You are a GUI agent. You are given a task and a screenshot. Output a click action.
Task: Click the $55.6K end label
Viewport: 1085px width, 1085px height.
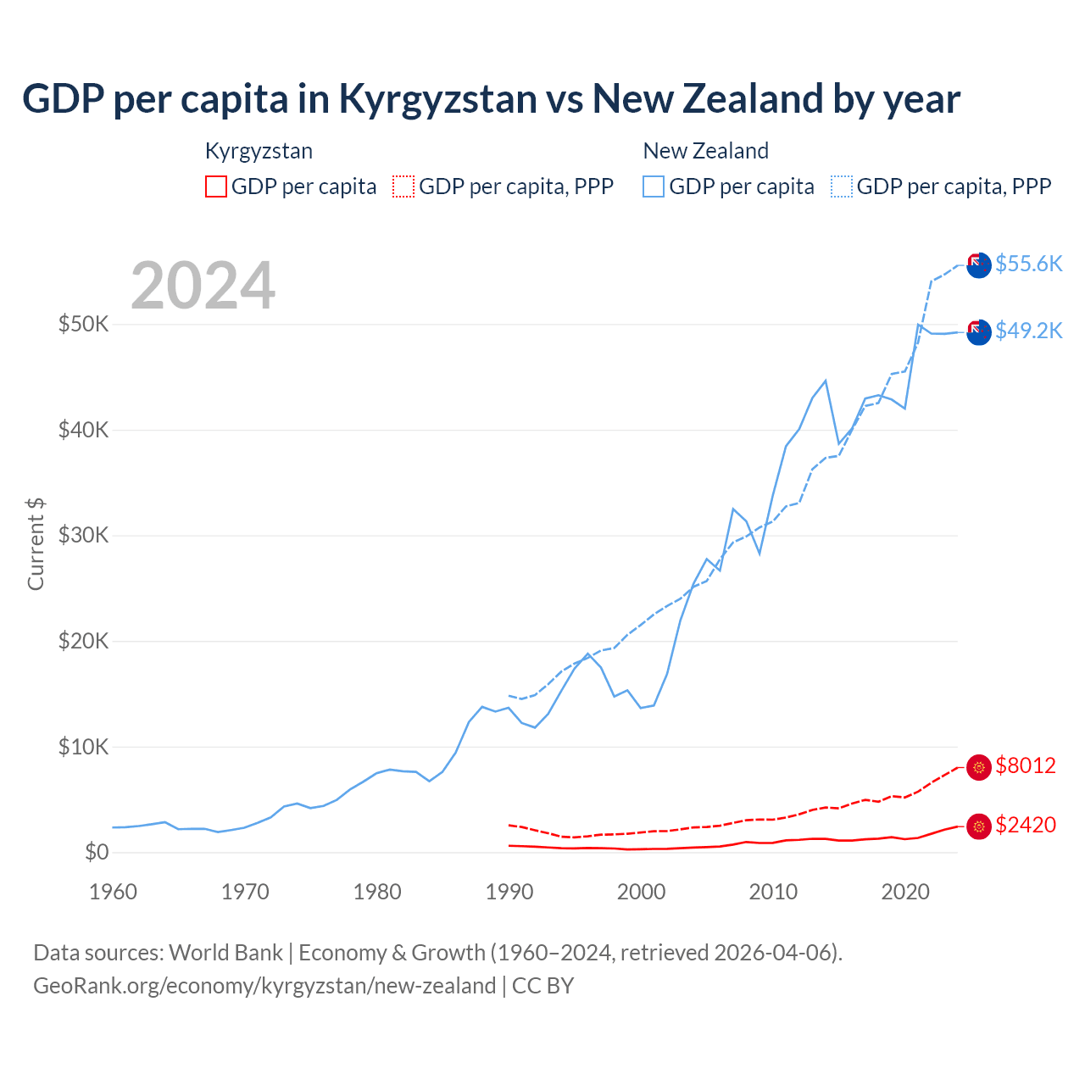[1028, 264]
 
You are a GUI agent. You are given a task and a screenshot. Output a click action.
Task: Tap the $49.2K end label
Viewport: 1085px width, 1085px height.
[1028, 331]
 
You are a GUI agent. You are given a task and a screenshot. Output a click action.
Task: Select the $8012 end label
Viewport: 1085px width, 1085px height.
[1026, 765]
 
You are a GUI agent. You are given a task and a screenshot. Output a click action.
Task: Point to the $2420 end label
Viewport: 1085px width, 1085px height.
[1026, 825]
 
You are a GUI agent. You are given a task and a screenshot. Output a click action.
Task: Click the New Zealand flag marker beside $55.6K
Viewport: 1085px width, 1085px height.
[979, 264]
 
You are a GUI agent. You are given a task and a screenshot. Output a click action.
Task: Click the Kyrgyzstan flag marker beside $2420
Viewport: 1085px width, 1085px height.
[979, 826]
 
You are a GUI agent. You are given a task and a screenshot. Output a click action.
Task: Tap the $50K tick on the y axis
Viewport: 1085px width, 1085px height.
[83, 324]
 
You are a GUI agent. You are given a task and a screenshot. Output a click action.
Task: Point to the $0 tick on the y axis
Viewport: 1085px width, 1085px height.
[97, 852]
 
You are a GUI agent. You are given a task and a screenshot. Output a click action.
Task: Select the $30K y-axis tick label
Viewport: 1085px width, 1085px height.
[83, 535]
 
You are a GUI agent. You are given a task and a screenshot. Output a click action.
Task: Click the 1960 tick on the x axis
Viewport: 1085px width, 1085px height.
[113, 892]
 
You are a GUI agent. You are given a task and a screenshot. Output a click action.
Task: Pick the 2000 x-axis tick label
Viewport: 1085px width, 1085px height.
[642, 892]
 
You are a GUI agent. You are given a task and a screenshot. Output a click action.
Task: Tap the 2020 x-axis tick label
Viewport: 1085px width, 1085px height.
[905, 892]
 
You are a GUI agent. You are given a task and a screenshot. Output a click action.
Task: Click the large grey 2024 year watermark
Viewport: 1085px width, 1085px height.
[203, 286]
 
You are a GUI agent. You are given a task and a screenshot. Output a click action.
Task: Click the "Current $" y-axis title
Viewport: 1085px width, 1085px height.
[36, 544]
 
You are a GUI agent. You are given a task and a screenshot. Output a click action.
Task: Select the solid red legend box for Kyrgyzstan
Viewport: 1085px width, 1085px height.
[216, 186]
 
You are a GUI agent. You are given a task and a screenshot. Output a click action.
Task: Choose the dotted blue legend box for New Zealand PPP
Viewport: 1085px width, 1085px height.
[842, 186]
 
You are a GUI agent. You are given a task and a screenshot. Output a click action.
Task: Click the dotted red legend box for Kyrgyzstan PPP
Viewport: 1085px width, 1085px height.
[403, 186]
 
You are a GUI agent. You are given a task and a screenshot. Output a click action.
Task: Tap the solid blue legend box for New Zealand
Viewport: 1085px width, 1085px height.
[654, 186]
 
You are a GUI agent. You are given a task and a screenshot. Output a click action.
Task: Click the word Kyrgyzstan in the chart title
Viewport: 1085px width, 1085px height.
[437, 99]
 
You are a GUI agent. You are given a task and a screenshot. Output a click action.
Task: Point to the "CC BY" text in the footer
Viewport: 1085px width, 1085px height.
[543, 986]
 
